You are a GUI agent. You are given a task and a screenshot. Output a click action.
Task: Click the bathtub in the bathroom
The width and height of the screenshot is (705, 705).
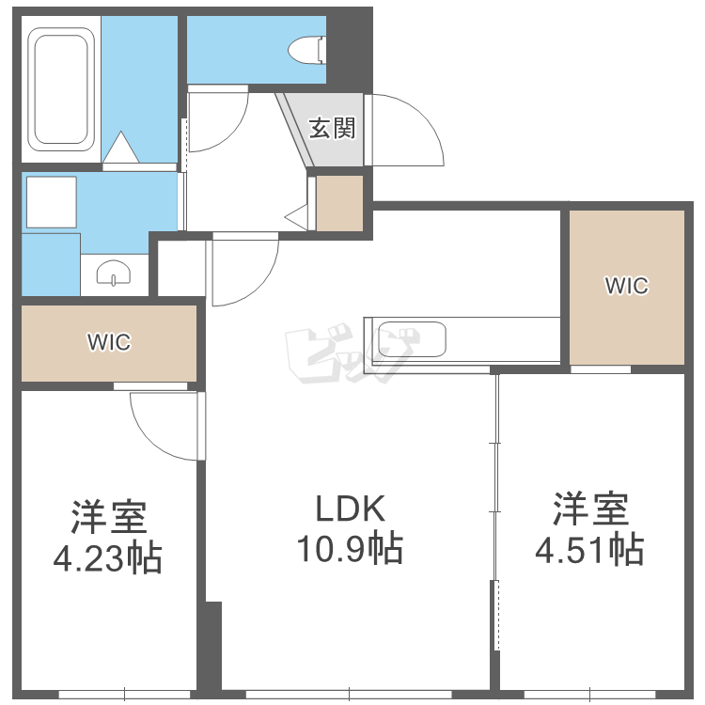[61, 89]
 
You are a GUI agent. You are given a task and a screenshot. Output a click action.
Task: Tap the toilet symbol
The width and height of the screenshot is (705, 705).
[306, 50]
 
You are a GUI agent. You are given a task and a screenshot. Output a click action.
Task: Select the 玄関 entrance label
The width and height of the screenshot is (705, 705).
[332, 128]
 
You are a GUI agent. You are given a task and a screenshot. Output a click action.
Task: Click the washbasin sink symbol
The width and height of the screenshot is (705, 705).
[114, 273]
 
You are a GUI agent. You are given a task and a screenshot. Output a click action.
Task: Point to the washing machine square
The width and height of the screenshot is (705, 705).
[52, 202]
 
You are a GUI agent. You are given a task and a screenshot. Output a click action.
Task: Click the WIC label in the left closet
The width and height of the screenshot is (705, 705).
[109, 342]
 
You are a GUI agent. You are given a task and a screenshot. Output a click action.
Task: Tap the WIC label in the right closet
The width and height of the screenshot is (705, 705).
[627, 286]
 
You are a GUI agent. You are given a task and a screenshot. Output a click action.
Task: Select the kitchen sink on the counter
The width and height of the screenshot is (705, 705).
[412, 339]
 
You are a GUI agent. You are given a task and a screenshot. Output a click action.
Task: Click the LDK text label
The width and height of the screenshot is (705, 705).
[351, 509]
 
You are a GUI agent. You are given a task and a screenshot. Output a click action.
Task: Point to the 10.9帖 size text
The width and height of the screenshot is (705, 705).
[350, 548]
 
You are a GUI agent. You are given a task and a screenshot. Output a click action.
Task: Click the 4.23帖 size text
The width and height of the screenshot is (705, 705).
[107, 558]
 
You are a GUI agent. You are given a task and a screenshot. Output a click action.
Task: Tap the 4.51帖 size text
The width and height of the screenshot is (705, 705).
[589, 549]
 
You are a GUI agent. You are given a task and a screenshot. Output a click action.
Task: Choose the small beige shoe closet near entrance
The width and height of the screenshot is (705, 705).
[339, 203]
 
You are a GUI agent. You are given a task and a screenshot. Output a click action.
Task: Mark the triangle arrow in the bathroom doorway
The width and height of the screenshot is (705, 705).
[121, 147]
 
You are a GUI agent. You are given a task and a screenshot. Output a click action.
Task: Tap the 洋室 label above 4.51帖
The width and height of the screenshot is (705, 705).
[590, 509]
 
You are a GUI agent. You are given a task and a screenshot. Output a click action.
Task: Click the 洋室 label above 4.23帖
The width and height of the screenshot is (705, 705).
[109, 517]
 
